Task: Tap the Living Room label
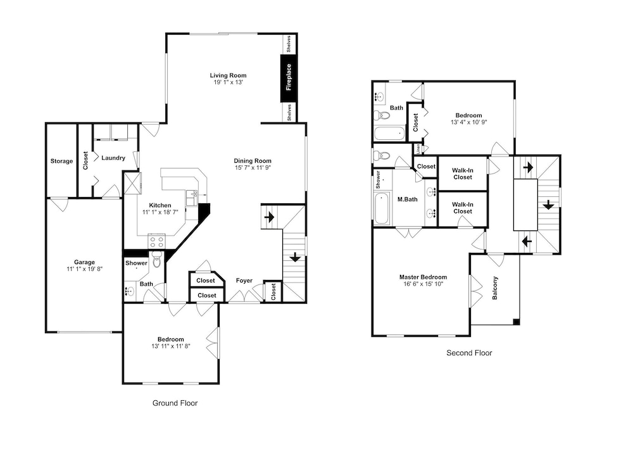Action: point(228,75)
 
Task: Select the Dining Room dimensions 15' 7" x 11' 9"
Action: point(253,167)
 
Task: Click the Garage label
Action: point(84,262)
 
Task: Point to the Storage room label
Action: point(61,161)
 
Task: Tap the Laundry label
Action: point(113,158)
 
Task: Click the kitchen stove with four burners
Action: point(156,241)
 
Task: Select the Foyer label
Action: point(244,281)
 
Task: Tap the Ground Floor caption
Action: point(175,403)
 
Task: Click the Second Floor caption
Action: point(469,353)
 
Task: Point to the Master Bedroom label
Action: point(423,277)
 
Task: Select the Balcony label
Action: point(495,288)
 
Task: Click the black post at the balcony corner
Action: point(517,322)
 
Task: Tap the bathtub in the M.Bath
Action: point(382,208)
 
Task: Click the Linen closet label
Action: point(418,149)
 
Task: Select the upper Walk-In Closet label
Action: point(463,174)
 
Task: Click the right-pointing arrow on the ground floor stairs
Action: point(269,217)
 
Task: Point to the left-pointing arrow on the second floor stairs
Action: point(527,242)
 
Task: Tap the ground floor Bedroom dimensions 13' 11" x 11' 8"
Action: point(171,346)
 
